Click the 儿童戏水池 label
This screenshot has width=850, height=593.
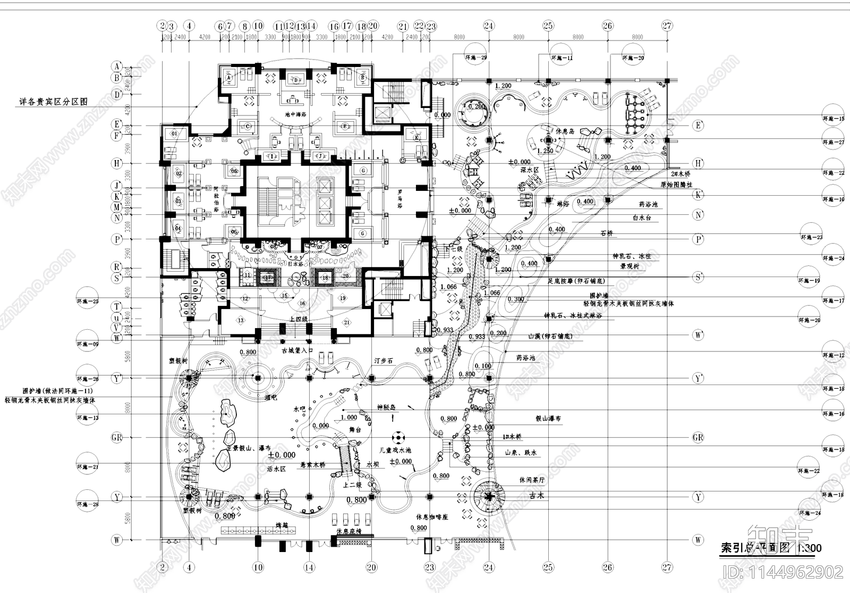coord(391,450)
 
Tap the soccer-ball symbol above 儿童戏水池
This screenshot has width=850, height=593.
coord(397,438)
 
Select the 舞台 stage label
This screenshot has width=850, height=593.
coord(355,430)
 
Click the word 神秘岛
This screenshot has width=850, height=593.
coord(387,407)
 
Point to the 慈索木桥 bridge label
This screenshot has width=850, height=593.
coord(313,464)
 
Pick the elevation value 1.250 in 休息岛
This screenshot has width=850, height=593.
coord(545,151)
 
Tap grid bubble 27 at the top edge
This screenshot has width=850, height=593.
coord(667,26)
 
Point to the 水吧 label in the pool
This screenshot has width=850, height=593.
coord(300,410)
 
